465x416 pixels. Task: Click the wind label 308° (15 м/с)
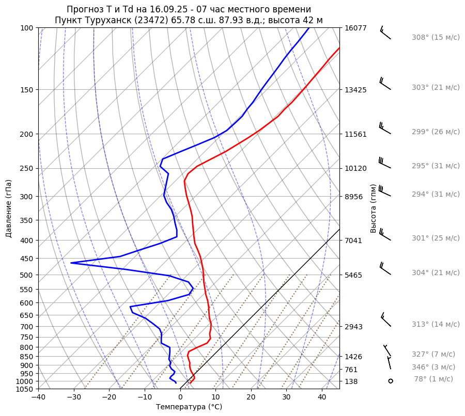click(436, 37)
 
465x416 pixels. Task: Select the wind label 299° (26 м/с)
click(436, 132)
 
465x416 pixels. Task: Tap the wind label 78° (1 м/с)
click(433, 379)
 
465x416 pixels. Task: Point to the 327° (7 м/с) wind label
click(433, 354)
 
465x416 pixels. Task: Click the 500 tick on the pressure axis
click(27, 275)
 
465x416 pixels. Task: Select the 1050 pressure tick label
click(25, 389)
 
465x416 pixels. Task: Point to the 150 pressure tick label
click(27, 90)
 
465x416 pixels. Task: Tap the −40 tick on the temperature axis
click(38, 397)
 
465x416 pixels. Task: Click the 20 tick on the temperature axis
click(251, 397)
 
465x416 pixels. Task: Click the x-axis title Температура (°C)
click(189, 407)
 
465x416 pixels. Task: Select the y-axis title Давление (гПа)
click(9, 209)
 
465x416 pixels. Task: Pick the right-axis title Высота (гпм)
click(373, 208)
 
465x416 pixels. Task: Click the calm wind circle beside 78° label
click(391, 381)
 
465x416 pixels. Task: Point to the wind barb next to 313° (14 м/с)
click(385, 320)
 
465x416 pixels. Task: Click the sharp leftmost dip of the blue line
click(71, 263)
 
